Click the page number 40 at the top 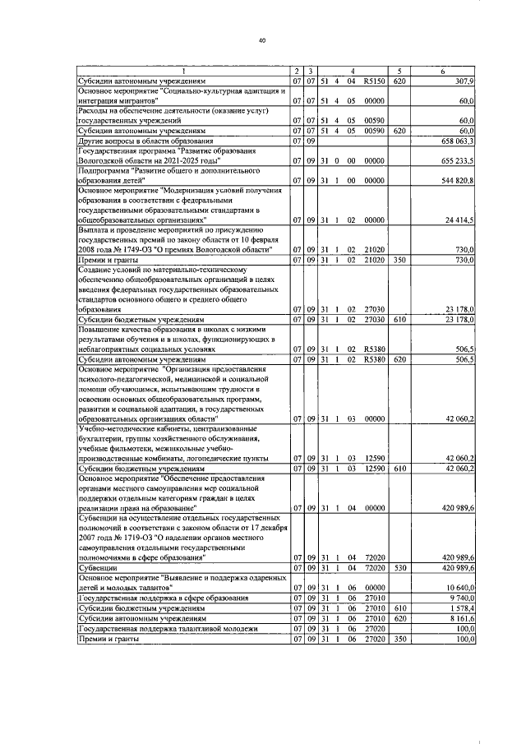point(262,39)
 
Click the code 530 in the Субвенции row point(399,568)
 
